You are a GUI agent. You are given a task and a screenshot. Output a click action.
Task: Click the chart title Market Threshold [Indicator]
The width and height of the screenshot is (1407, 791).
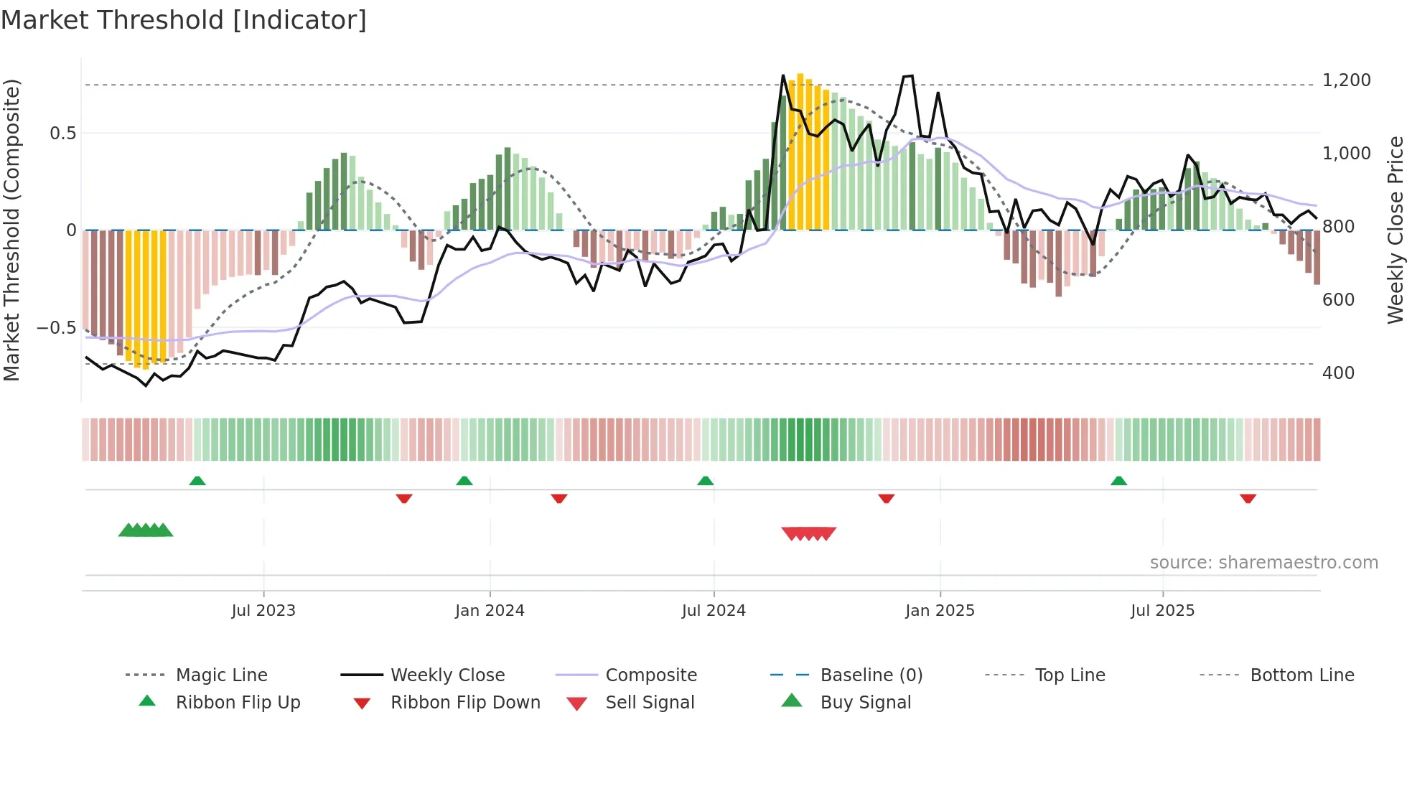point(184,20)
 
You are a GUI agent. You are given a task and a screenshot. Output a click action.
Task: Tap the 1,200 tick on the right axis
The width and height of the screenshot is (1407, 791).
point(1346,80)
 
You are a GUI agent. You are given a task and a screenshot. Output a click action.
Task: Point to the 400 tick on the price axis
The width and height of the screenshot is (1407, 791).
point(1338,373)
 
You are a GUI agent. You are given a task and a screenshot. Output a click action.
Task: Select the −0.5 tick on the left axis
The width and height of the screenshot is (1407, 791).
point(56,328)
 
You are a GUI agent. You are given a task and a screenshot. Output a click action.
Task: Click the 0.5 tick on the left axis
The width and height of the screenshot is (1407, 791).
point(62,134)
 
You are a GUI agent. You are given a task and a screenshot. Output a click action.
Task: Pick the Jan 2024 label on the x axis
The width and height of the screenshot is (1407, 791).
point(490,611)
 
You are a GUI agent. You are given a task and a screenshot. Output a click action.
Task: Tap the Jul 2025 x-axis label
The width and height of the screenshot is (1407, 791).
point(1162,611)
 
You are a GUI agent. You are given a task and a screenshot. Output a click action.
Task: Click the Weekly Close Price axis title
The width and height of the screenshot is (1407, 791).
point(1395,230)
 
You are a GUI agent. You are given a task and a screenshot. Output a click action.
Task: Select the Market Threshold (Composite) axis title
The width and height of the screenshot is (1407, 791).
point(11,230)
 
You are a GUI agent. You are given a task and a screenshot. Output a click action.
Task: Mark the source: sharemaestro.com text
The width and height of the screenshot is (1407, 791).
point(1263,563)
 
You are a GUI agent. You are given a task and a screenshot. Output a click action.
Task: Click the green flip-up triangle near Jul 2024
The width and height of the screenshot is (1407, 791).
point(705,481)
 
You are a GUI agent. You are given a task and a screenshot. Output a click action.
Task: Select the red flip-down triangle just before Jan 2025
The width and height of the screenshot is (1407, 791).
point(886,498)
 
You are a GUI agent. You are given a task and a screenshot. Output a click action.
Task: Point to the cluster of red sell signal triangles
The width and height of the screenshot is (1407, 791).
point(808,533)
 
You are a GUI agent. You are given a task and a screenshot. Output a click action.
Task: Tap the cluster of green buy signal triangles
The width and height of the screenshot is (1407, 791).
point(146,530)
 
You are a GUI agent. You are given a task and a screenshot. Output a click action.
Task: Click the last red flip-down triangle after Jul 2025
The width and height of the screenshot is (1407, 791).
point(1248,498)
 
